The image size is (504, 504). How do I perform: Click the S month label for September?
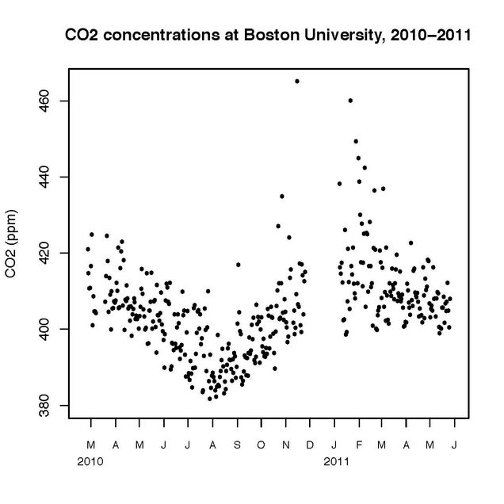pyautogui.click(x=237, y=445)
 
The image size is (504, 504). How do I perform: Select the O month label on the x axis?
pyautogui.click(x=261, y=445)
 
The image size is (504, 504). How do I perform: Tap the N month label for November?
pyautogui.click(x=285, y=445)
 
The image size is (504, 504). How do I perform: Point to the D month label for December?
pyautogui.click(x=310, y=445)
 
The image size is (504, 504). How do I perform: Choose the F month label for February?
pyautogui.click(x=358, y=445)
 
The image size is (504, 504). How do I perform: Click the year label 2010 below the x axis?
pyautogui.click(x=90, y=460)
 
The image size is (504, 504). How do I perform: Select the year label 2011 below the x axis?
pyautogui.click(x=335, y=460)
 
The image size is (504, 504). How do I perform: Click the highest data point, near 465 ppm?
pyautogui.click(x=297, y=81)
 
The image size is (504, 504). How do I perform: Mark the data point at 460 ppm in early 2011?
pyautogui.click(x=350, y=101)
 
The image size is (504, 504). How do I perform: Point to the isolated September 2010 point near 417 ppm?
pyautogui.click(x=238, y=265)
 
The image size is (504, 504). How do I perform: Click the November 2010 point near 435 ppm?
pyautogui.click(x=282, y=196)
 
